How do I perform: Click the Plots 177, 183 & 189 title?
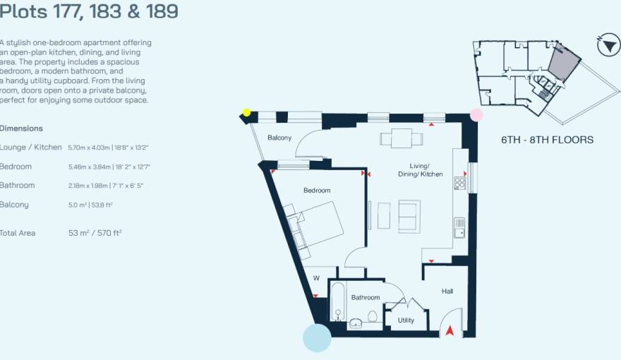coord(88,12)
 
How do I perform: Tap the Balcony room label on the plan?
coord(279,138)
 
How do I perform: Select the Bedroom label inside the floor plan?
coord(317,191)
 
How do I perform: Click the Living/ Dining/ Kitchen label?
coord(421,170)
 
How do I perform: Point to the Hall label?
coord(447,291)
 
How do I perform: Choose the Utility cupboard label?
coord(406,320)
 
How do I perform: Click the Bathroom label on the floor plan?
coord(366,298)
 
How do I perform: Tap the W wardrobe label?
coord(316,278)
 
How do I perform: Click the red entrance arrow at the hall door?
coord(449,329)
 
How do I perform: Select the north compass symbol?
coord(607,47)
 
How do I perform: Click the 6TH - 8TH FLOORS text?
coord(547,140)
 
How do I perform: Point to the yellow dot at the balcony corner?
coord(246,112)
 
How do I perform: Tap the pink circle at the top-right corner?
coord(476,114)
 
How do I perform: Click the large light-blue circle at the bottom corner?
coord(317,337)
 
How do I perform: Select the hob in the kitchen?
coord(459,184)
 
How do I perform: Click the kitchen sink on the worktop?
coord(459,227)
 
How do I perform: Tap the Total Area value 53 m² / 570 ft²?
coord(95,233)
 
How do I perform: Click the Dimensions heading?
coord(21,128)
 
